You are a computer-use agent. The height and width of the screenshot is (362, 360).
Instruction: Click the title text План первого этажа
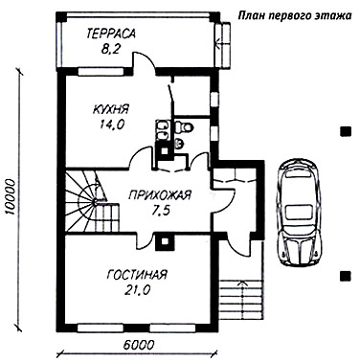(x=295, y=16)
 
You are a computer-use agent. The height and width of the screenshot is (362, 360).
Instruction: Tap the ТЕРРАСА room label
(x=111, y=34)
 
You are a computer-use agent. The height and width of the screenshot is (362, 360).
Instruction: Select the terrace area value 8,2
(x=110, y=49)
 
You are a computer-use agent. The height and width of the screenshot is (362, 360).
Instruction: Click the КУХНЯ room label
(x=110, y=109)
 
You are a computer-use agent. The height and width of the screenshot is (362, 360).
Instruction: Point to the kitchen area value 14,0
(x=110, y=124)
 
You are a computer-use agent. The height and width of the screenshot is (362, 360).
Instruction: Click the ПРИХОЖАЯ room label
(x=159, y=194)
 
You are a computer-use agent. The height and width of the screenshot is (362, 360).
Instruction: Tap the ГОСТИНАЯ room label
(x=137, y=275)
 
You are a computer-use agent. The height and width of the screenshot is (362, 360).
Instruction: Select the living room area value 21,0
(x=137, y=290)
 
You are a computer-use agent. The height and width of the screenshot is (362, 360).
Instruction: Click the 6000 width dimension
(x=138, y=345)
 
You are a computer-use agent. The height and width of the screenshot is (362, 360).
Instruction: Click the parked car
(x=300, y=213)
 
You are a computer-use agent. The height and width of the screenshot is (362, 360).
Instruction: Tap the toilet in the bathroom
(x=184, y=127)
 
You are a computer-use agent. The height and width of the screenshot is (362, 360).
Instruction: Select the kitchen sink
(x=162, y=130)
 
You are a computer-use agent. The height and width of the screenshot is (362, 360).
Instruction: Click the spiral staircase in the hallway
(x=92, y=201)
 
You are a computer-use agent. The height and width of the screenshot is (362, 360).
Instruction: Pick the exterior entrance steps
(x=242, y=299)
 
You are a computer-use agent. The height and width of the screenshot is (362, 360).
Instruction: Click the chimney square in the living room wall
(x=165, y=241)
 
